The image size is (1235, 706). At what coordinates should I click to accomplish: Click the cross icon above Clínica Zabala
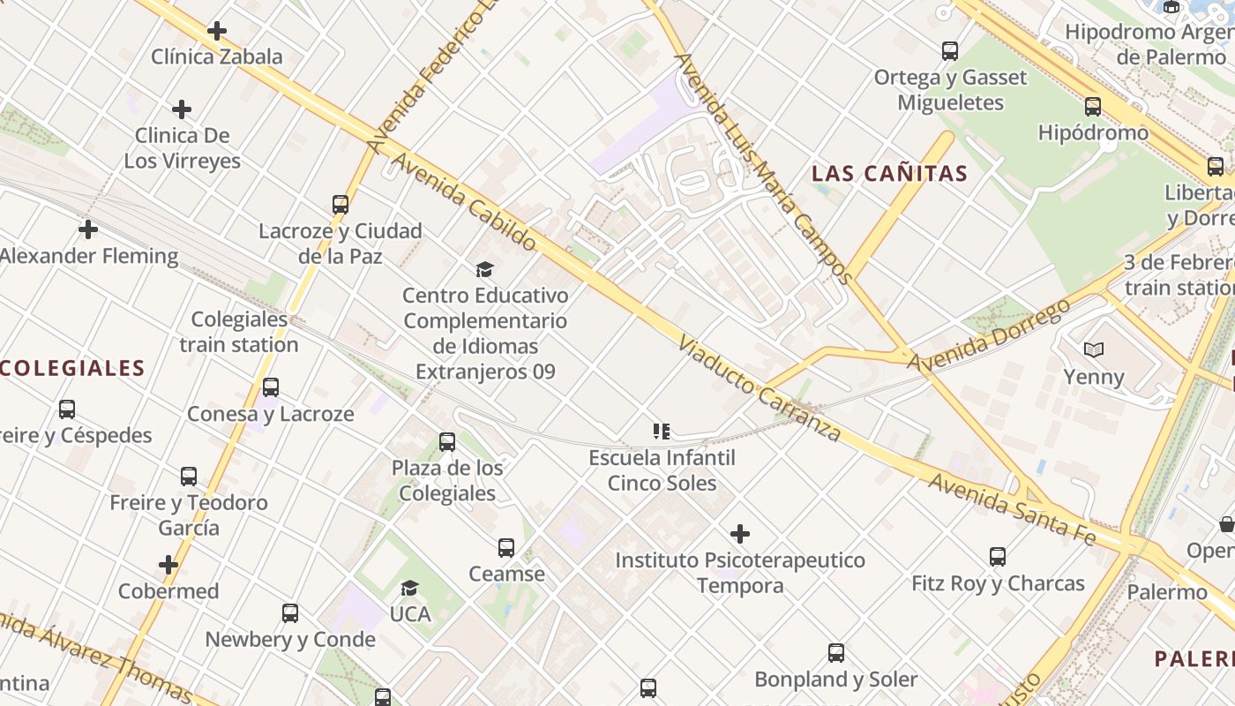(217, 31)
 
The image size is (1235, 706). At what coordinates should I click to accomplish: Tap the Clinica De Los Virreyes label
(182, 148)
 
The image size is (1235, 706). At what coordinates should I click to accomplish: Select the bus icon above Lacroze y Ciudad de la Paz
(341, 205)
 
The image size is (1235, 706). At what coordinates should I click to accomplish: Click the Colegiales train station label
(239, 332)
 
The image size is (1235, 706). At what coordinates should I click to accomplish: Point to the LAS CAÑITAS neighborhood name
(890, 174)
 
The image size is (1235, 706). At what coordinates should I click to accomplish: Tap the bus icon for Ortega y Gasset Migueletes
(950, 51)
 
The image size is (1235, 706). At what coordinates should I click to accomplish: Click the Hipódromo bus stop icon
(1093, 107)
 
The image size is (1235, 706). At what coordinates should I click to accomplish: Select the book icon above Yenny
(1094, 350)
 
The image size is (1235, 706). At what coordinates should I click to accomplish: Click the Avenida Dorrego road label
(990, 336)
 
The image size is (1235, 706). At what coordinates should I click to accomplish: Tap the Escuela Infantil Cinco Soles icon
(662, 432)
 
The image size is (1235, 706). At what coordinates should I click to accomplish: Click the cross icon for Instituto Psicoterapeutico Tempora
(740, 534)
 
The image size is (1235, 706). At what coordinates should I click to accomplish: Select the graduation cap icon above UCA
(409, 589)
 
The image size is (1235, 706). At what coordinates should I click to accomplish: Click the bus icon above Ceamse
(506, 548)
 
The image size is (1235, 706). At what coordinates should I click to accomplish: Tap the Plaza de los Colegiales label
(447, 481)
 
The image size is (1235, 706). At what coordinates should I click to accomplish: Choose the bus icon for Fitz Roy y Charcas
(998, 557)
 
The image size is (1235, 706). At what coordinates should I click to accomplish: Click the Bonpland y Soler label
(835, 680)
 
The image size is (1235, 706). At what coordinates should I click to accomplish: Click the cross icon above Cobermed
(168, 565)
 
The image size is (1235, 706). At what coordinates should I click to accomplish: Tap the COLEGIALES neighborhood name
(72, 368)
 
